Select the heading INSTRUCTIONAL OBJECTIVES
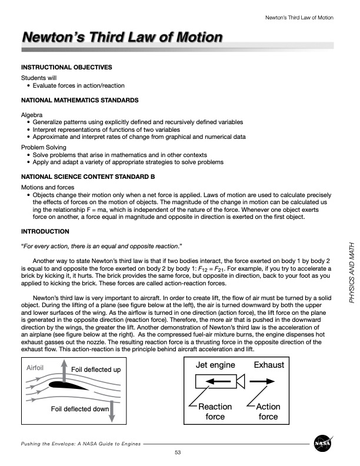pyautogui.click(x=66, y=68)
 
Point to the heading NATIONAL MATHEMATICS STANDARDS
pyautogui.click(x=79, y=101)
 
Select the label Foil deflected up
pyautogui.click(x=96, y=370)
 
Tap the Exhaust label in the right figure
pyautogui.click(x=269, y=365)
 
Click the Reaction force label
pyautogui.click(x=215, y=412)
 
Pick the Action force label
pyautogui.click(x=268, y=412)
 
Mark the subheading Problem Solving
pyautogui.click(x=44, y=147)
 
